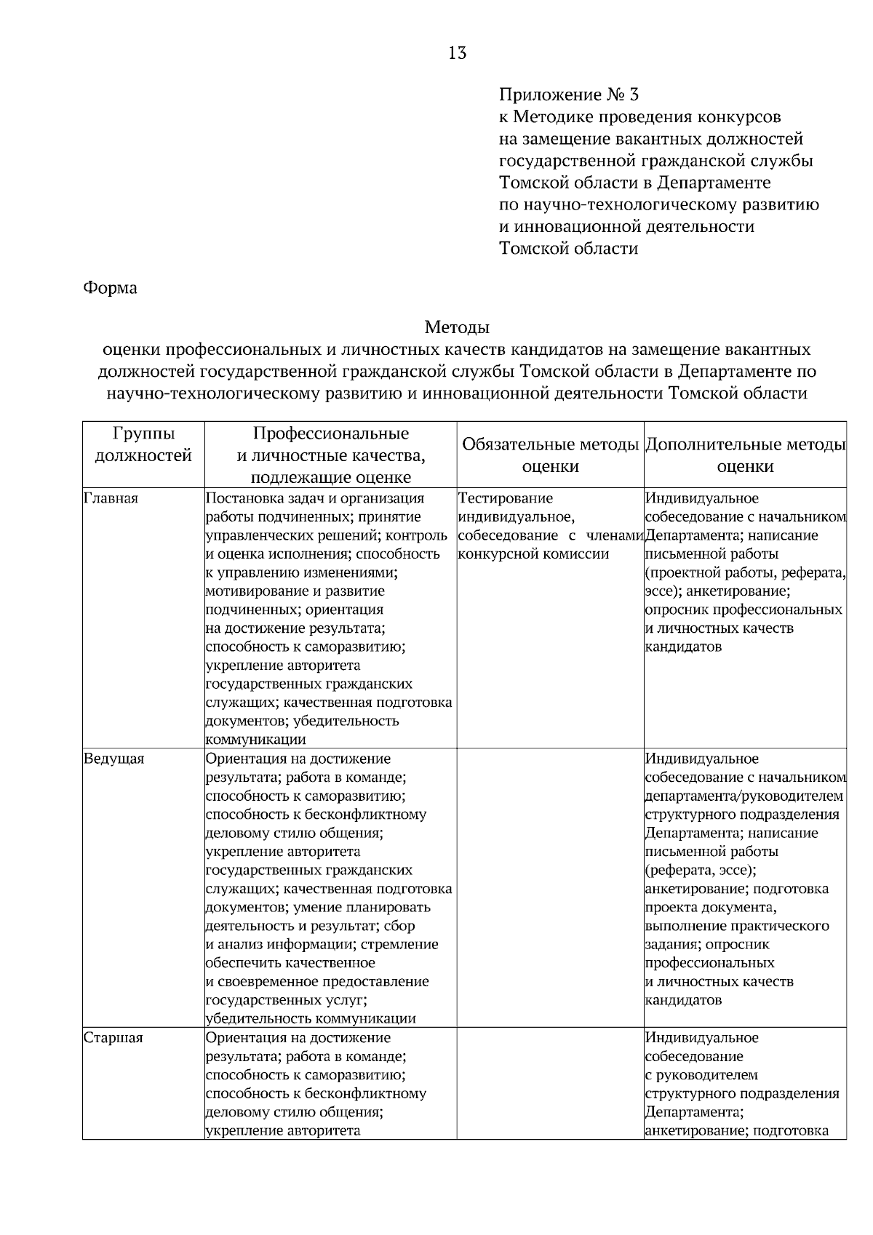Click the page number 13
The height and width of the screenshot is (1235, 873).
tap(458, 53)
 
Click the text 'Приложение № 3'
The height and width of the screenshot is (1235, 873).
tap(568, 95)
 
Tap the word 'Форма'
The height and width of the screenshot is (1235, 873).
tap(110, 288)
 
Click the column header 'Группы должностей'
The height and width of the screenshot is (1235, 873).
tap(144, 445)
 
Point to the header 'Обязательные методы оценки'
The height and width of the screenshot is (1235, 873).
tap(551, 455)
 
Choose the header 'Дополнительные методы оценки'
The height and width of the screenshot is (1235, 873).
tap(745, 455)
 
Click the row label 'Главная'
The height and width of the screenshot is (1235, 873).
tap(111, 499)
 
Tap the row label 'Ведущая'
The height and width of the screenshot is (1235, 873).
tap(114, 759)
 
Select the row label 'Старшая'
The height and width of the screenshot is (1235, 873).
tap(113, 1038)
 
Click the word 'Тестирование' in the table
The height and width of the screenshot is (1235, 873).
tap(506, 499)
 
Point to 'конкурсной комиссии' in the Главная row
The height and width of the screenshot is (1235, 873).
tap(533, 554)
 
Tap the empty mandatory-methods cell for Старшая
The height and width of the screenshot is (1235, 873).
tap(550, 1084)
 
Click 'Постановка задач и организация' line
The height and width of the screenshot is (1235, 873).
tap(314, 499)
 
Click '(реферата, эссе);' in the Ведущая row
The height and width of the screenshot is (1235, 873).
tap(701, 871)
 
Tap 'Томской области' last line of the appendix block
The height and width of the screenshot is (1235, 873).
tap(568, 249)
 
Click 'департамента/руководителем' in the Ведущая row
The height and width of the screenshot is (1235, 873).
tap(744, 796)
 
